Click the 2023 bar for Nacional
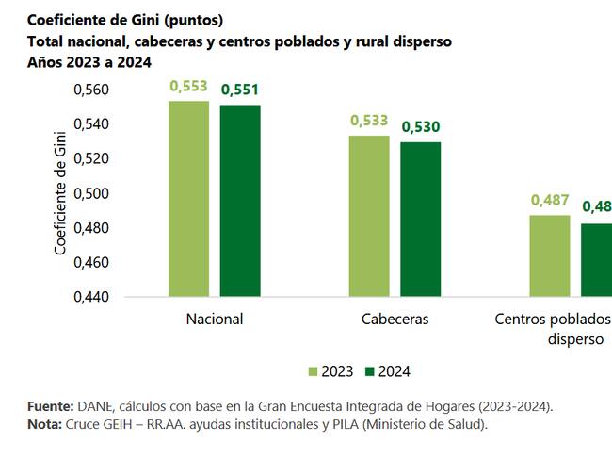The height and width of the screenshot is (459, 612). (x=188, y=199)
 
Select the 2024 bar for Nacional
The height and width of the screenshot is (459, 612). (x=240, y=201)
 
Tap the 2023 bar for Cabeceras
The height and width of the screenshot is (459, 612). (x=369, y=216)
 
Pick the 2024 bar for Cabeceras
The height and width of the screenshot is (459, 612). (x=421, y=219)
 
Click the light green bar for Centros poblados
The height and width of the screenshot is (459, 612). (x=549, y=255)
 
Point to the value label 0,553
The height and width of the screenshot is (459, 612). (x=188, y=86)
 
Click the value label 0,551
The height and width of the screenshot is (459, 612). (x=240, y=90)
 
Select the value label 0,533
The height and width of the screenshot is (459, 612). (x=369, y=121)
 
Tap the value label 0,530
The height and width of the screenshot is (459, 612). (x=421, y=127)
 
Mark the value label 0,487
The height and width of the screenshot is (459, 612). (x=550, y=200)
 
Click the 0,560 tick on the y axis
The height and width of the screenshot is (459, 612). (x=91, y=90)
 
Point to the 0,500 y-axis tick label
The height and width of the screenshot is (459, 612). (x=91, y=193)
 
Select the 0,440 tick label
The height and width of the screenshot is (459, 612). (x=91, y=297)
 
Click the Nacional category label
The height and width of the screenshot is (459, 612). (x=215, y=319)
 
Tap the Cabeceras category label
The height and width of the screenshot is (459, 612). (x=395, y=319)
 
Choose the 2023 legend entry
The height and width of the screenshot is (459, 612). (x=330, y=371)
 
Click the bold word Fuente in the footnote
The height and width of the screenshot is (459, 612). (x=50, y=406)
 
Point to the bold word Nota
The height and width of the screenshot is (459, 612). (x=44, y=425)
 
